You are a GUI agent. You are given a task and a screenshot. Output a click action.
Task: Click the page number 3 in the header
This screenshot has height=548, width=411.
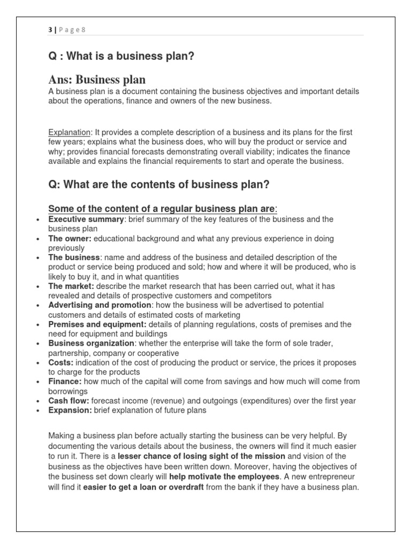click(x=50, y=30)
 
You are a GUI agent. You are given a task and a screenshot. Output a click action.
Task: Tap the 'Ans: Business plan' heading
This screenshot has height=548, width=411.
click(x=97, y=80)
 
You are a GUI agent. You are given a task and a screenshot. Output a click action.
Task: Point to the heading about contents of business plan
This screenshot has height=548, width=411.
click(x=158, y=185)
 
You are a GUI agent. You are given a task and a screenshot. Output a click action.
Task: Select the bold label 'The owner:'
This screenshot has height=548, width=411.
click(x=70, y=239)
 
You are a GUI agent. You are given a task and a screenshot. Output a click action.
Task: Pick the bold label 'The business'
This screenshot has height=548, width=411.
click(x=74, y=258)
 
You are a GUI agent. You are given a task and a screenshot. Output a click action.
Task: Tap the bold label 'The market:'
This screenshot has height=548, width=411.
click(x=71, y=286)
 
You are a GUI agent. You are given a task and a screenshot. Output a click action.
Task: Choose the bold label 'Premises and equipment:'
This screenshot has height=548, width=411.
click(x=97, y=324)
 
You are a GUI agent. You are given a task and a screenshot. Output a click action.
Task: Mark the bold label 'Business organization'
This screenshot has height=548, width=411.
click(x=92, y=344)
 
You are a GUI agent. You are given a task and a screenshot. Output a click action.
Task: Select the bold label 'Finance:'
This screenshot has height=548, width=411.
click(x=65, y=382)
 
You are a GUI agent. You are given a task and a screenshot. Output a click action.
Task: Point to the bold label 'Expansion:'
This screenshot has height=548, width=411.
click(x=70, y=410)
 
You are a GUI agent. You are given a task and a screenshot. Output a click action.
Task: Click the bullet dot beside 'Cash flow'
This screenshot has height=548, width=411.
click(x=37, y=401)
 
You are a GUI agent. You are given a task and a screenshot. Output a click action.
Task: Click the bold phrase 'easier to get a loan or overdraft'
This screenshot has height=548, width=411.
click(x=143, y=488)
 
